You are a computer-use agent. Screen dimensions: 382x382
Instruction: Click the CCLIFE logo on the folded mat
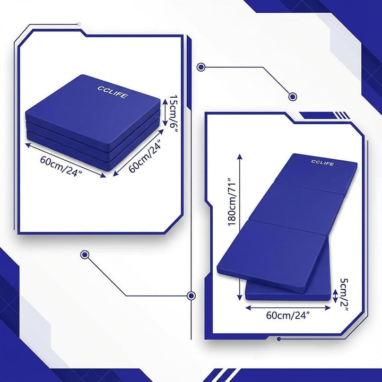[x=112, y=92]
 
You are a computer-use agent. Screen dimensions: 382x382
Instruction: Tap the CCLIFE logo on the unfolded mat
[x=323, y=163]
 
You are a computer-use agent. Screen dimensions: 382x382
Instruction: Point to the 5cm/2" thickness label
[x=344, y=294]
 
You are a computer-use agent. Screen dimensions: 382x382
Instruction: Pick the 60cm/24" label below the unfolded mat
[x=288, y=316]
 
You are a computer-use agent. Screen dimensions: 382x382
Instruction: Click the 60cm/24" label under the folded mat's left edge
[x=60, y=167]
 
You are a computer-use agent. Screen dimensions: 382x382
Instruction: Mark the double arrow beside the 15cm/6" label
[x=165, y=112]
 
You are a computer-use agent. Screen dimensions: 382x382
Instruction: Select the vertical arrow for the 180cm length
[x=240, y=227]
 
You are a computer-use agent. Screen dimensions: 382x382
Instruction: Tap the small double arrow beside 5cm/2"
[x=335, y=296]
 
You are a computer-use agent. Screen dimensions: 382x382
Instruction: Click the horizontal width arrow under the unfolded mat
[x=288, y=308]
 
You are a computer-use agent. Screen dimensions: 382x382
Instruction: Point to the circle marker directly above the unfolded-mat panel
[x=292, y=97]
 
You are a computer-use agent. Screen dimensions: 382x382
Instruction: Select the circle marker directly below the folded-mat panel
[x=84, y=255]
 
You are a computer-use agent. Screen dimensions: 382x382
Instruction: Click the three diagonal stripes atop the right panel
[x=343, y=115]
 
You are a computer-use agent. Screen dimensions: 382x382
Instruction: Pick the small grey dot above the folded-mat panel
[x=79, y=24]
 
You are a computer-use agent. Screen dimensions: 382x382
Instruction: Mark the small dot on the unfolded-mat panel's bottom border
[x=279, y=339]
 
